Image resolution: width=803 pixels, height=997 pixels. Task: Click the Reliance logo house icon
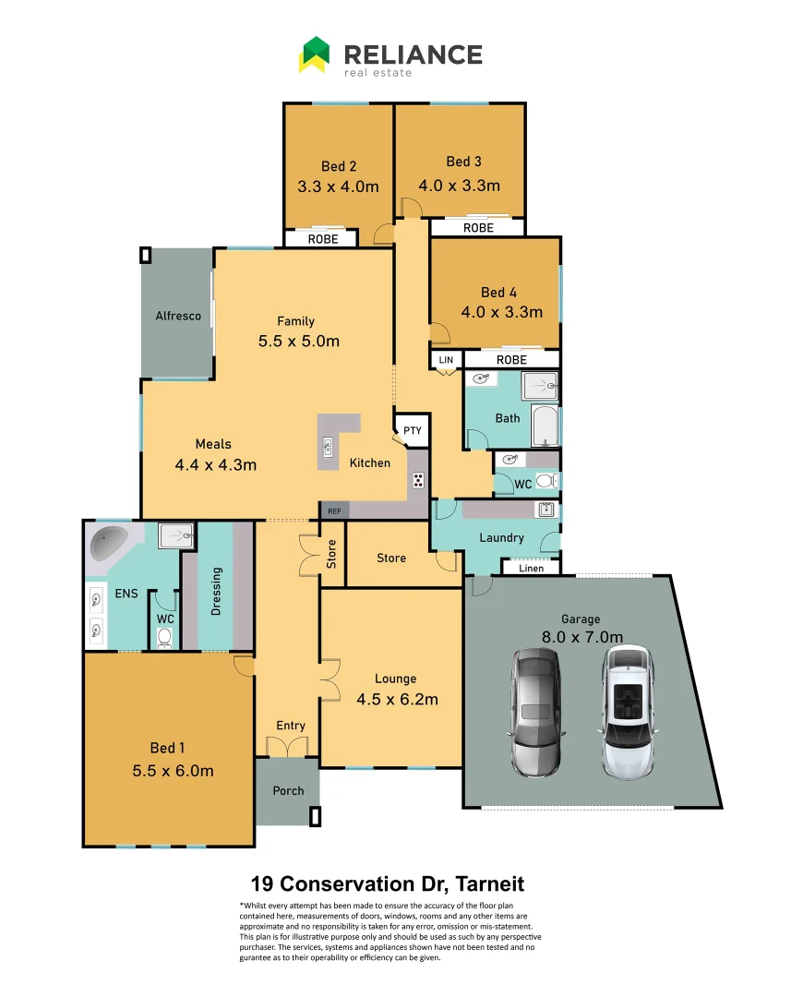(x=314, y=54)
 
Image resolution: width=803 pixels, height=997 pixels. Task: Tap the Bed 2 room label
(x=339, y=166)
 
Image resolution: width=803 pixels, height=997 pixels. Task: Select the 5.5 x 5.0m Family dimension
(x=298, y=342)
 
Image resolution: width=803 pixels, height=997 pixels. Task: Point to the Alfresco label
(x=178, y=316)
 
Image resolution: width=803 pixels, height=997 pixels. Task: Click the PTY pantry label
(x=412, y=430)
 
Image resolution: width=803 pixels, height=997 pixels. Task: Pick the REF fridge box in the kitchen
(x=332, y=510)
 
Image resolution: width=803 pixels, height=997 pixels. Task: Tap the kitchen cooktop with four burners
(x=418, y=479)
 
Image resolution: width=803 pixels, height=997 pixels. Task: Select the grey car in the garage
(x=535, y=710)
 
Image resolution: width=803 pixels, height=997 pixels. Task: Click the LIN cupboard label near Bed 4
(x=446, y=359)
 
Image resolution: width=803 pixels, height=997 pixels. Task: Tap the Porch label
(x=288, y=791)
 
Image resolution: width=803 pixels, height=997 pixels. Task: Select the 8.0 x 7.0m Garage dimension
(x=581, y=636)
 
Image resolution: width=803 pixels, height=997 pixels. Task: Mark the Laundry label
(x=501, y=537)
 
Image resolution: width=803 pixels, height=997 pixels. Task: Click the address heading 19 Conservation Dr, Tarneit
(x=388, y=884)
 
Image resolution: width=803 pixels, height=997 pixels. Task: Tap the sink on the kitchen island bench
(x=327, y=448)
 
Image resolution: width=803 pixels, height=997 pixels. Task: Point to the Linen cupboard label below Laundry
(x=531, y=568)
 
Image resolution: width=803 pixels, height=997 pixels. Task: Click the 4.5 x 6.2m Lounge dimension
(x=397, y=699)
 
